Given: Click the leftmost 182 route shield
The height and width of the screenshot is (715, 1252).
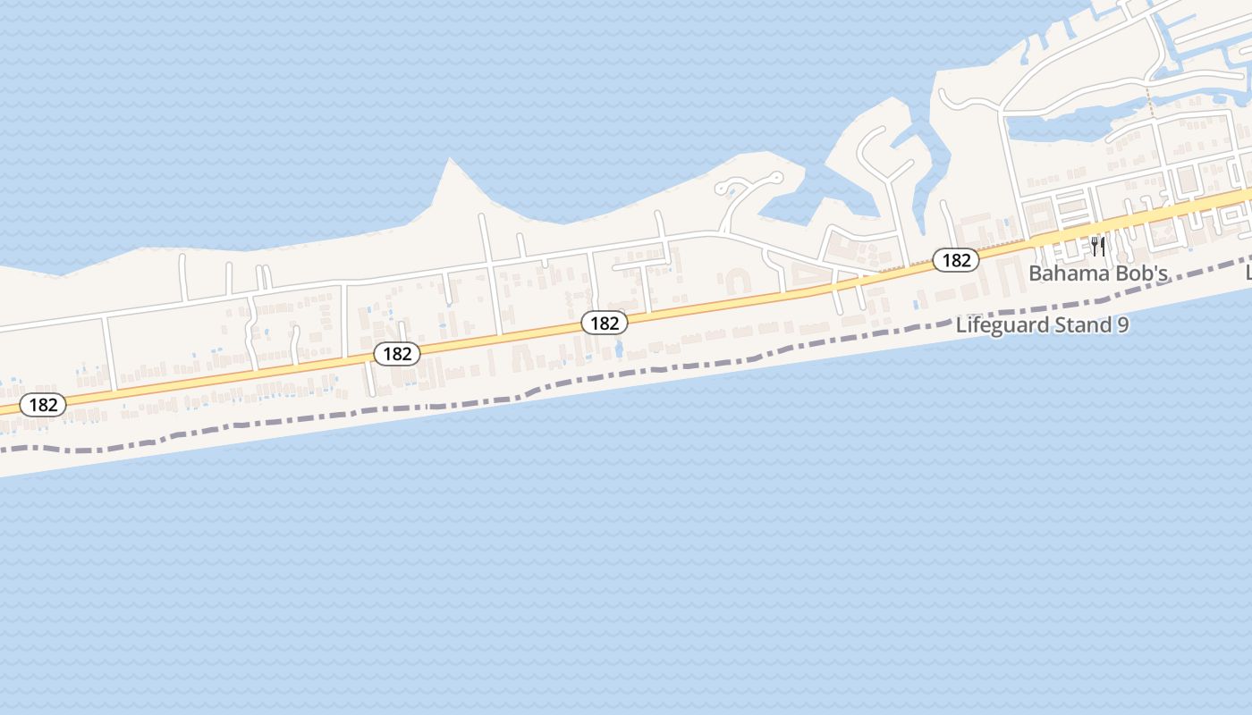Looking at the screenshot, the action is pos(43,405).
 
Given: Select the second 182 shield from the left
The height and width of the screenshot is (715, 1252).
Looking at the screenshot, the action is pos(396,354).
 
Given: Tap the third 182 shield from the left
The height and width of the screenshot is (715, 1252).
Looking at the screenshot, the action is pos(605,323).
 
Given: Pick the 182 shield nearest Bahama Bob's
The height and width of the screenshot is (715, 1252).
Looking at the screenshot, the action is pos(956,260).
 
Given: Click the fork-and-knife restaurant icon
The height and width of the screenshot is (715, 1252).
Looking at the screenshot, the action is pos(1098,246).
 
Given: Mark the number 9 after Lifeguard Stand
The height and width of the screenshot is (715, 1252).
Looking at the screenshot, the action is pos(1122,324).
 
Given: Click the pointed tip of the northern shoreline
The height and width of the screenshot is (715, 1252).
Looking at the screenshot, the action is pos(449,160).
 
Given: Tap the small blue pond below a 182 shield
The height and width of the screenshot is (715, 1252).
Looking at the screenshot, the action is pos(618,349).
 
